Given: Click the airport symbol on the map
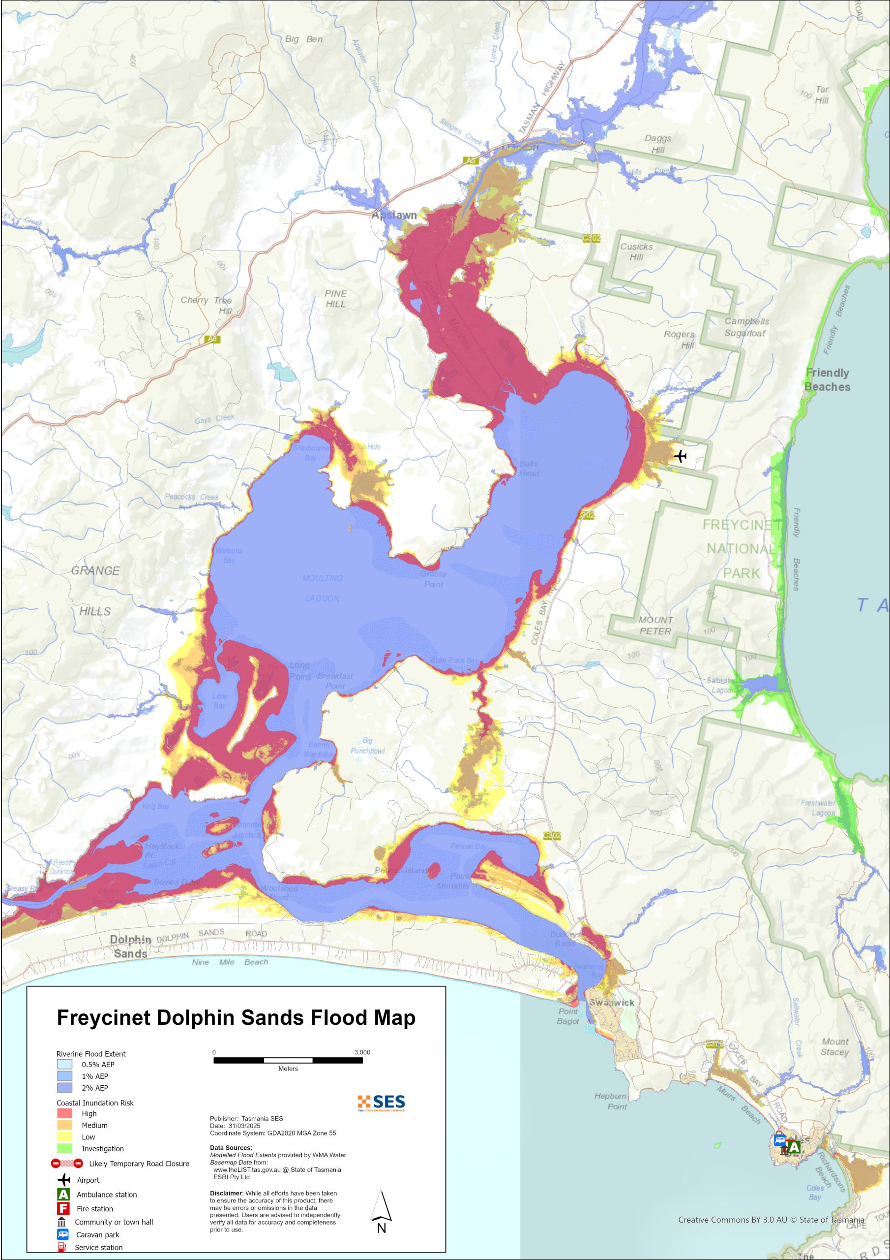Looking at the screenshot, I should [680, 456].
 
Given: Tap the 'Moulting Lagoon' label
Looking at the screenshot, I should [323, 588].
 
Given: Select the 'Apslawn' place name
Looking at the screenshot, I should [394, 215].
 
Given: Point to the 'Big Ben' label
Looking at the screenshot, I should [304, 39].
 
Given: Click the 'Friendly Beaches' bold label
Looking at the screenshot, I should [828, 380].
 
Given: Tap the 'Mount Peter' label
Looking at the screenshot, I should [655, 626].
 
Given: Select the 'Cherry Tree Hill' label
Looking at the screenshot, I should [207, 305].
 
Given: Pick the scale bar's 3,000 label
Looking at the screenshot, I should [362, 1052].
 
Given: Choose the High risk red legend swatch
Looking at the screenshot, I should [64, 1113].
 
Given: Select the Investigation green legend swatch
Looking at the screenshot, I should [64, 1149].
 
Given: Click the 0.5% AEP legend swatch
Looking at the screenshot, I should [64, 1064].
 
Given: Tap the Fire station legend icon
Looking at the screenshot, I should [63, 1208].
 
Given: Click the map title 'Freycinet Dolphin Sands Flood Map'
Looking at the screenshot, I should [236, 1018].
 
